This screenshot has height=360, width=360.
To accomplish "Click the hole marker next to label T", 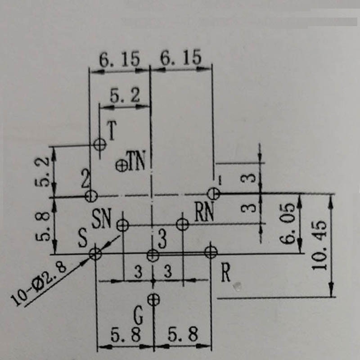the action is coord(100,144).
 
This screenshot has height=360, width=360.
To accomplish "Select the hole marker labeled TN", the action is coord(121,166).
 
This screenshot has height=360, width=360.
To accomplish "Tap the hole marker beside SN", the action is coord(122,225).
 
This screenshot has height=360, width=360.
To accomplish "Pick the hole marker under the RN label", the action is coord(183,224).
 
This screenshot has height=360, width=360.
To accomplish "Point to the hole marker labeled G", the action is coord(153,299).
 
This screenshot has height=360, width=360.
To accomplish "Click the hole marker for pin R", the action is coord(211,252).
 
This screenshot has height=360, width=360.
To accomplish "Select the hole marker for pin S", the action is coord(95,254).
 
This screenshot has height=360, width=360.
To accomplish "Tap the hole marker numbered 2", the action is coord(91,196).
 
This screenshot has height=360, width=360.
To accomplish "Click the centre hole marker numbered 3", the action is coord(153,255).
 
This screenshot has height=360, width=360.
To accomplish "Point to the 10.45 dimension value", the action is coord(319,245).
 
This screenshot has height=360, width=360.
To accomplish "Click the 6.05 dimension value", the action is coord(287,223).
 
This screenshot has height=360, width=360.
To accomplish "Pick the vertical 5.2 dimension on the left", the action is coord(42,171).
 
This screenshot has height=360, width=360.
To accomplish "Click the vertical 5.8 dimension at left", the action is coord(42,226).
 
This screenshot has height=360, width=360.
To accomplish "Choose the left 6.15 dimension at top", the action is coord(119,59).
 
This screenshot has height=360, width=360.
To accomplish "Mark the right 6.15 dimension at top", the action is coord(181,57).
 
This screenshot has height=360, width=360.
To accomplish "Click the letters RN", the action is coord(204,211).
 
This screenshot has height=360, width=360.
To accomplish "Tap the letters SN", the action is coord(101,219).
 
